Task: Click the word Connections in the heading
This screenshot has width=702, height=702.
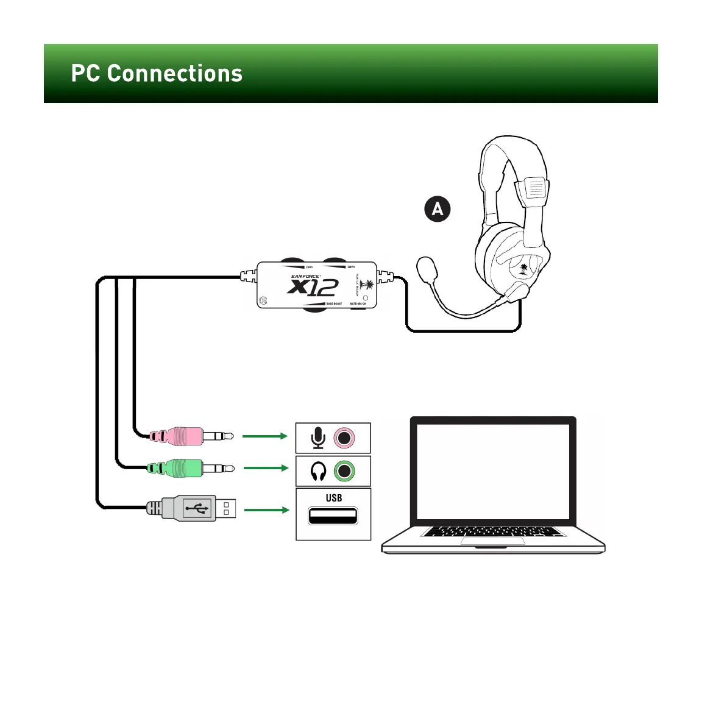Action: coord(175,74)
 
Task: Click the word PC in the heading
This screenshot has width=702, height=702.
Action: coord(85,74)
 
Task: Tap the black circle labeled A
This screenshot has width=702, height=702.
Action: coord(437,209)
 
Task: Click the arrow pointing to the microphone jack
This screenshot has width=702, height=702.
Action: coord(264,436)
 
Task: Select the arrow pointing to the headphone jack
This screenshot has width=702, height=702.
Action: coord(266,468)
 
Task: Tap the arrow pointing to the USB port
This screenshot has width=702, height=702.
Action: coord(266,509)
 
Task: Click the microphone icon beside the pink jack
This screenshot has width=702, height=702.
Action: coord(317,438)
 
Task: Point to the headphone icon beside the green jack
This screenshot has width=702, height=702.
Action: coord(318,471)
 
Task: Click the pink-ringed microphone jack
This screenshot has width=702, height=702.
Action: coord(344,438)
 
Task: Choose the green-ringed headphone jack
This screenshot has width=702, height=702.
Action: coord(345,471)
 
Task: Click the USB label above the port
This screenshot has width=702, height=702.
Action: coord(333,498)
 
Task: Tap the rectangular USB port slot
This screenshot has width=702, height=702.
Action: coord(333,516)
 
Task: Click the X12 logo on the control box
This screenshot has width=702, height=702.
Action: coord(313,286)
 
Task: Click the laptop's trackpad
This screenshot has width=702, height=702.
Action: coord(492,541)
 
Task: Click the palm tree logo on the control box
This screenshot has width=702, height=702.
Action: coord(368,285)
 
